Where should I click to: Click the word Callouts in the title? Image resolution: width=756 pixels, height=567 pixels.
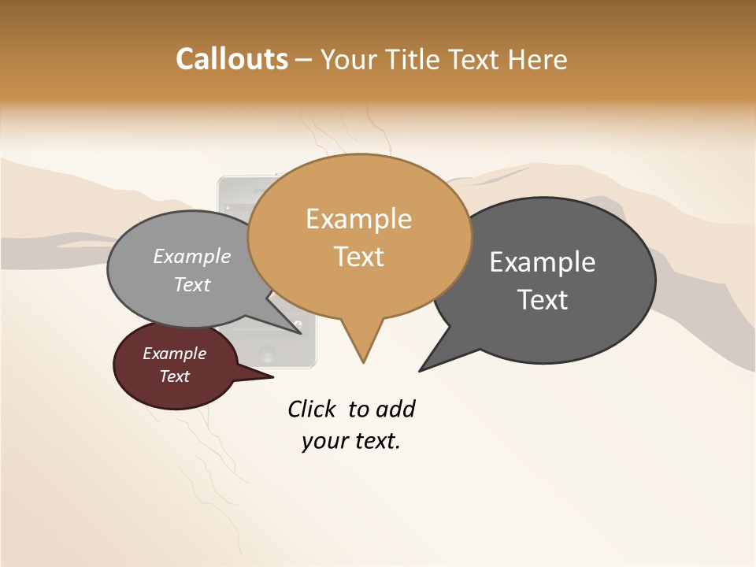pyautogui.click(x=232, y=59)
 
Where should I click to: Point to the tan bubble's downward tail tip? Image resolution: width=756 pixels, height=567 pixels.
pyautogui.click(x=363, y=361)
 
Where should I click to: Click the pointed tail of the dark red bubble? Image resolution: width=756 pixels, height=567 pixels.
pyautogui.click(x=272, y=377)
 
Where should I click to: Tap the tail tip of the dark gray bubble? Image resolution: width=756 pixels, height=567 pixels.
pyautogui.click(x=421, y=370)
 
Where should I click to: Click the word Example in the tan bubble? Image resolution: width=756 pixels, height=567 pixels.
pyautogui.click(x=358, y=218)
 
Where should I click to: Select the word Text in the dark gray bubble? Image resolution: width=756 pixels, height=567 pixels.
pyautogui.click(x=543, y=300)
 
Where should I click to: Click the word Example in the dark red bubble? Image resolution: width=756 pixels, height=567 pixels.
pyautogui.click(x=174, y=354)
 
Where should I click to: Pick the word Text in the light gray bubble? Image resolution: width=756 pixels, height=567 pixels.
pyautogui.click(x=192, y=285)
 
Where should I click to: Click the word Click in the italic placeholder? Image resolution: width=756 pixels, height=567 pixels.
pyautogui.click(x=312, y=409)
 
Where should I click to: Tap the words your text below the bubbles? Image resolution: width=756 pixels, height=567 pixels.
pyautogui.click(x=350, y=441)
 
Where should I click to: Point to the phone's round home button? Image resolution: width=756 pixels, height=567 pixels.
pyautogui.click(x=267, y=352)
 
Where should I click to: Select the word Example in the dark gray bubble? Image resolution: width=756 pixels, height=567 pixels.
pyautogui.click(x=543, y=262)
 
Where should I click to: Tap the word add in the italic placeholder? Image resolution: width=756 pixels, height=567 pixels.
pyautogui.click(x=395, y=409)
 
